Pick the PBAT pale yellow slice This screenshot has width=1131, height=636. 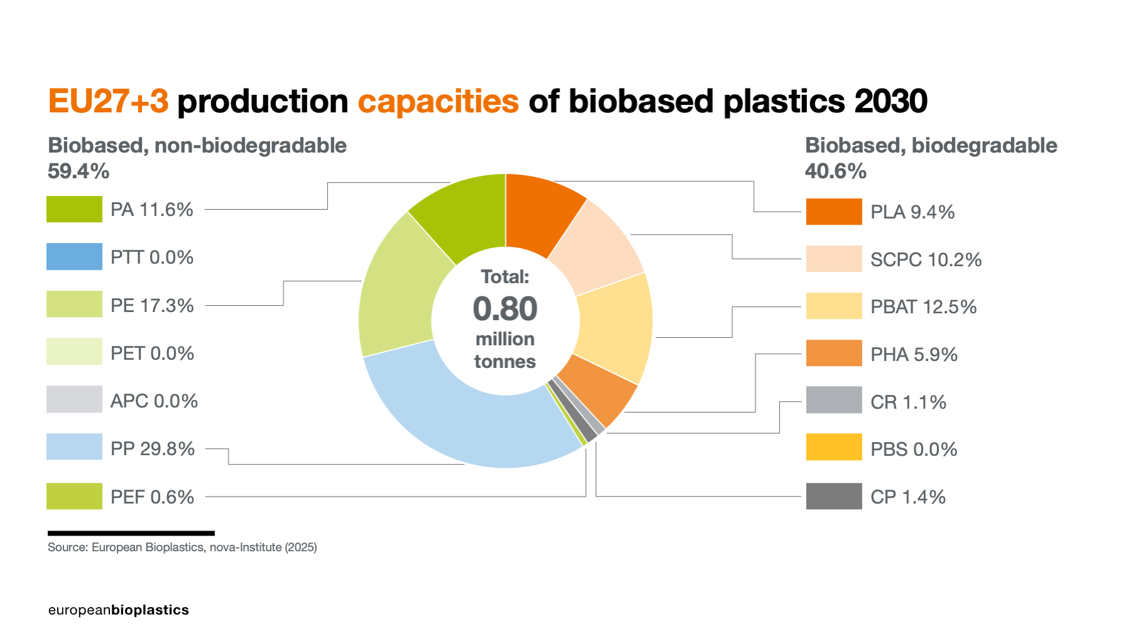pyautogui.click(x=615, y=326)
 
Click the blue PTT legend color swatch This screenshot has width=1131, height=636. pyautogui.click(x=74, y=257)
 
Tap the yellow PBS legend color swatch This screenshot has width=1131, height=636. pyautogui.click(x=834, y=447)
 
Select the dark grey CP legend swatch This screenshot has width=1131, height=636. pyautogui.click(x=834, y=496)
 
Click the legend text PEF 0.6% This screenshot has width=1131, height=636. pyautogui.click(x=152, y=497)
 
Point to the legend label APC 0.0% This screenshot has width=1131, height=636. pyautogui.click(x=154, y=401)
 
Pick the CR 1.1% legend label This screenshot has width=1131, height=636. pyautogui.click(x=908, y=402)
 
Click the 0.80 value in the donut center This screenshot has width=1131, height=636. pyautogui.click(x=505, y=309)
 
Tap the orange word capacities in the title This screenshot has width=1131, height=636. pyautogui.click(x=438, y=102)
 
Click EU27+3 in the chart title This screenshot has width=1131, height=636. pyautogui.click(x=108, y=102)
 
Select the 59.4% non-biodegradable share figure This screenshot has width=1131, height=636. pyautogui.click(x=78, y=171)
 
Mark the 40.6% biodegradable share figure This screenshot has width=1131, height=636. pyautogui.click(x=835, y=171)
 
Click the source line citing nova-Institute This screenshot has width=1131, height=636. pyautogui.click(x=182, y=547)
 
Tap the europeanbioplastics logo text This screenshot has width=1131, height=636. pyautogui.click(x=118, y=610)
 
